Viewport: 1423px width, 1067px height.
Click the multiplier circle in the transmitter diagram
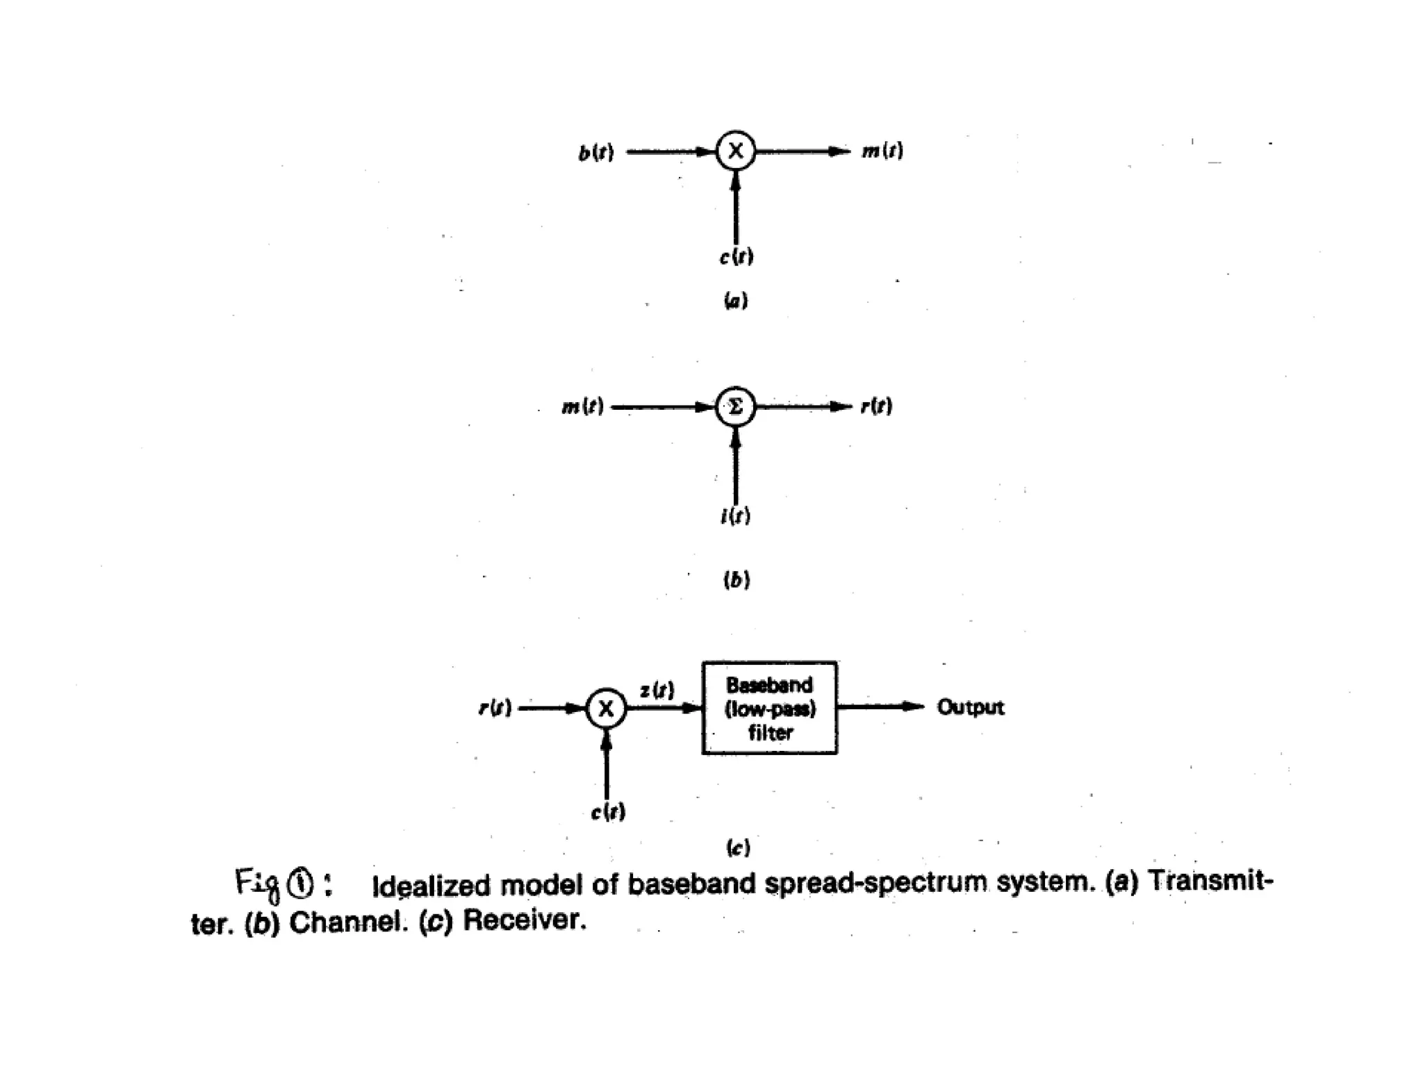[736, 151]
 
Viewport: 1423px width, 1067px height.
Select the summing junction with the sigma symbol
[736, 406]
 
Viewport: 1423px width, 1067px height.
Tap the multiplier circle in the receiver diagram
[607, 709]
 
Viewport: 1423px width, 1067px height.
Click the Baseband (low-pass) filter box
[769, 708]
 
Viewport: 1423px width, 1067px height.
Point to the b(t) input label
[596, 152]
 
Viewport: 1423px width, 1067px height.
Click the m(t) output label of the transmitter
[882, 151]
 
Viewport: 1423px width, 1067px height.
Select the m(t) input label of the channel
[582, 406]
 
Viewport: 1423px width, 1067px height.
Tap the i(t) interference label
[736, 516]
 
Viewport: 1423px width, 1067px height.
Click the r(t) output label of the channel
[877, 406]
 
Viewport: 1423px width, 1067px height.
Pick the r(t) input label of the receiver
[495, 709]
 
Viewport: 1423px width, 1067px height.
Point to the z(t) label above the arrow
[657, 690]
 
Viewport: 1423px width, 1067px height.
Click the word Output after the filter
[970, 707]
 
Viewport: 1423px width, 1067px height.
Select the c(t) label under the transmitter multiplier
[737, 257]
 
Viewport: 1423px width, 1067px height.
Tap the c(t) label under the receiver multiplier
[608, 811]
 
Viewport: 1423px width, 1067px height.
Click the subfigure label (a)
[736, 301]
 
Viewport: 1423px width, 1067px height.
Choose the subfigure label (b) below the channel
[737, 579]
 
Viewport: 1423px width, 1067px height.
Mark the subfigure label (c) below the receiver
[737, 847]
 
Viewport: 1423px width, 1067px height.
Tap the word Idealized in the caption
[431, 886]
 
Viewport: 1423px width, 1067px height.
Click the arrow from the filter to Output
[881, 707]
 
